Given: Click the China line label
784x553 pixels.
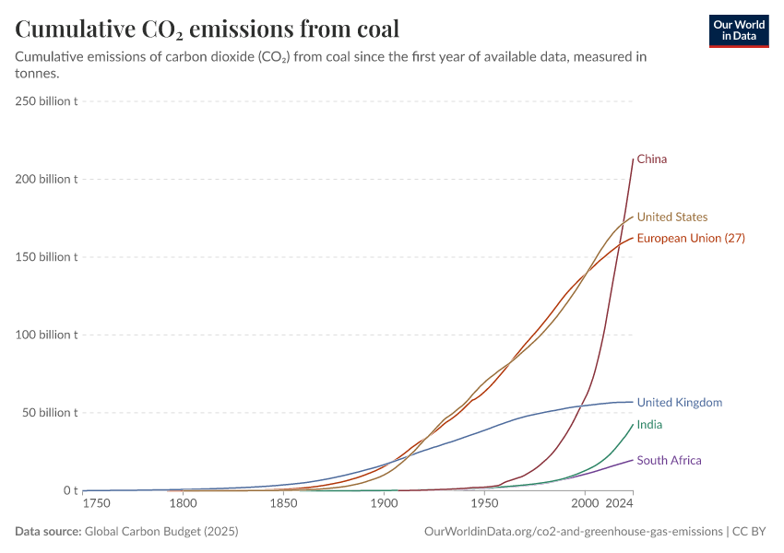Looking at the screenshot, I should [x=651, y=159].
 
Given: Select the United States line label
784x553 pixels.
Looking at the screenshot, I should [x=671, y=218].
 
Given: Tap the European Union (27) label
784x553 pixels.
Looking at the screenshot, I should [x=690, y=238].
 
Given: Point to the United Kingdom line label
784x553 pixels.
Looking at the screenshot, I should [x=679, y=403].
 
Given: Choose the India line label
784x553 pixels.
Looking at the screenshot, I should [x=649, y=425].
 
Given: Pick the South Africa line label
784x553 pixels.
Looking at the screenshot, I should [x=669, y=460].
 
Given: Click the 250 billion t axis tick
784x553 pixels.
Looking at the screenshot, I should [x=46, y=100].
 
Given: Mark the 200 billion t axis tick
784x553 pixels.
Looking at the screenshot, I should [x=46, y=179].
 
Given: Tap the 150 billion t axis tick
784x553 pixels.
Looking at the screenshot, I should [x=46, y=256].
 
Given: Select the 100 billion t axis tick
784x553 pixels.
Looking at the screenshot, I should [x=46, y=335].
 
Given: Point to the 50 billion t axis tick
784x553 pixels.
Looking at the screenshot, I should [x=49, y=412].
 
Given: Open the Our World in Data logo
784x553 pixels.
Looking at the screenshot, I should [x=738, y=30].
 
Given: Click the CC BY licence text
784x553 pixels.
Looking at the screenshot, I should [x=752, y=532].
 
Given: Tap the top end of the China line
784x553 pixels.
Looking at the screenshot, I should [x=633, y=159].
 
